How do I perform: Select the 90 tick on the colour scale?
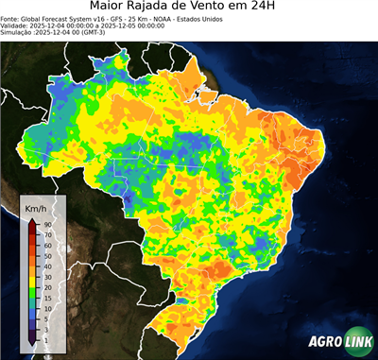click(46, 224)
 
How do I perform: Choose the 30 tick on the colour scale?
click(46, 269)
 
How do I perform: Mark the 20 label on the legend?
click(46, 287)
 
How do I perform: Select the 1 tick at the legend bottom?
click(44, 337)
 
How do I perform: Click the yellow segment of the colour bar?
click(31, 274)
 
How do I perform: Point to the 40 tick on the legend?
click(46, 261)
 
